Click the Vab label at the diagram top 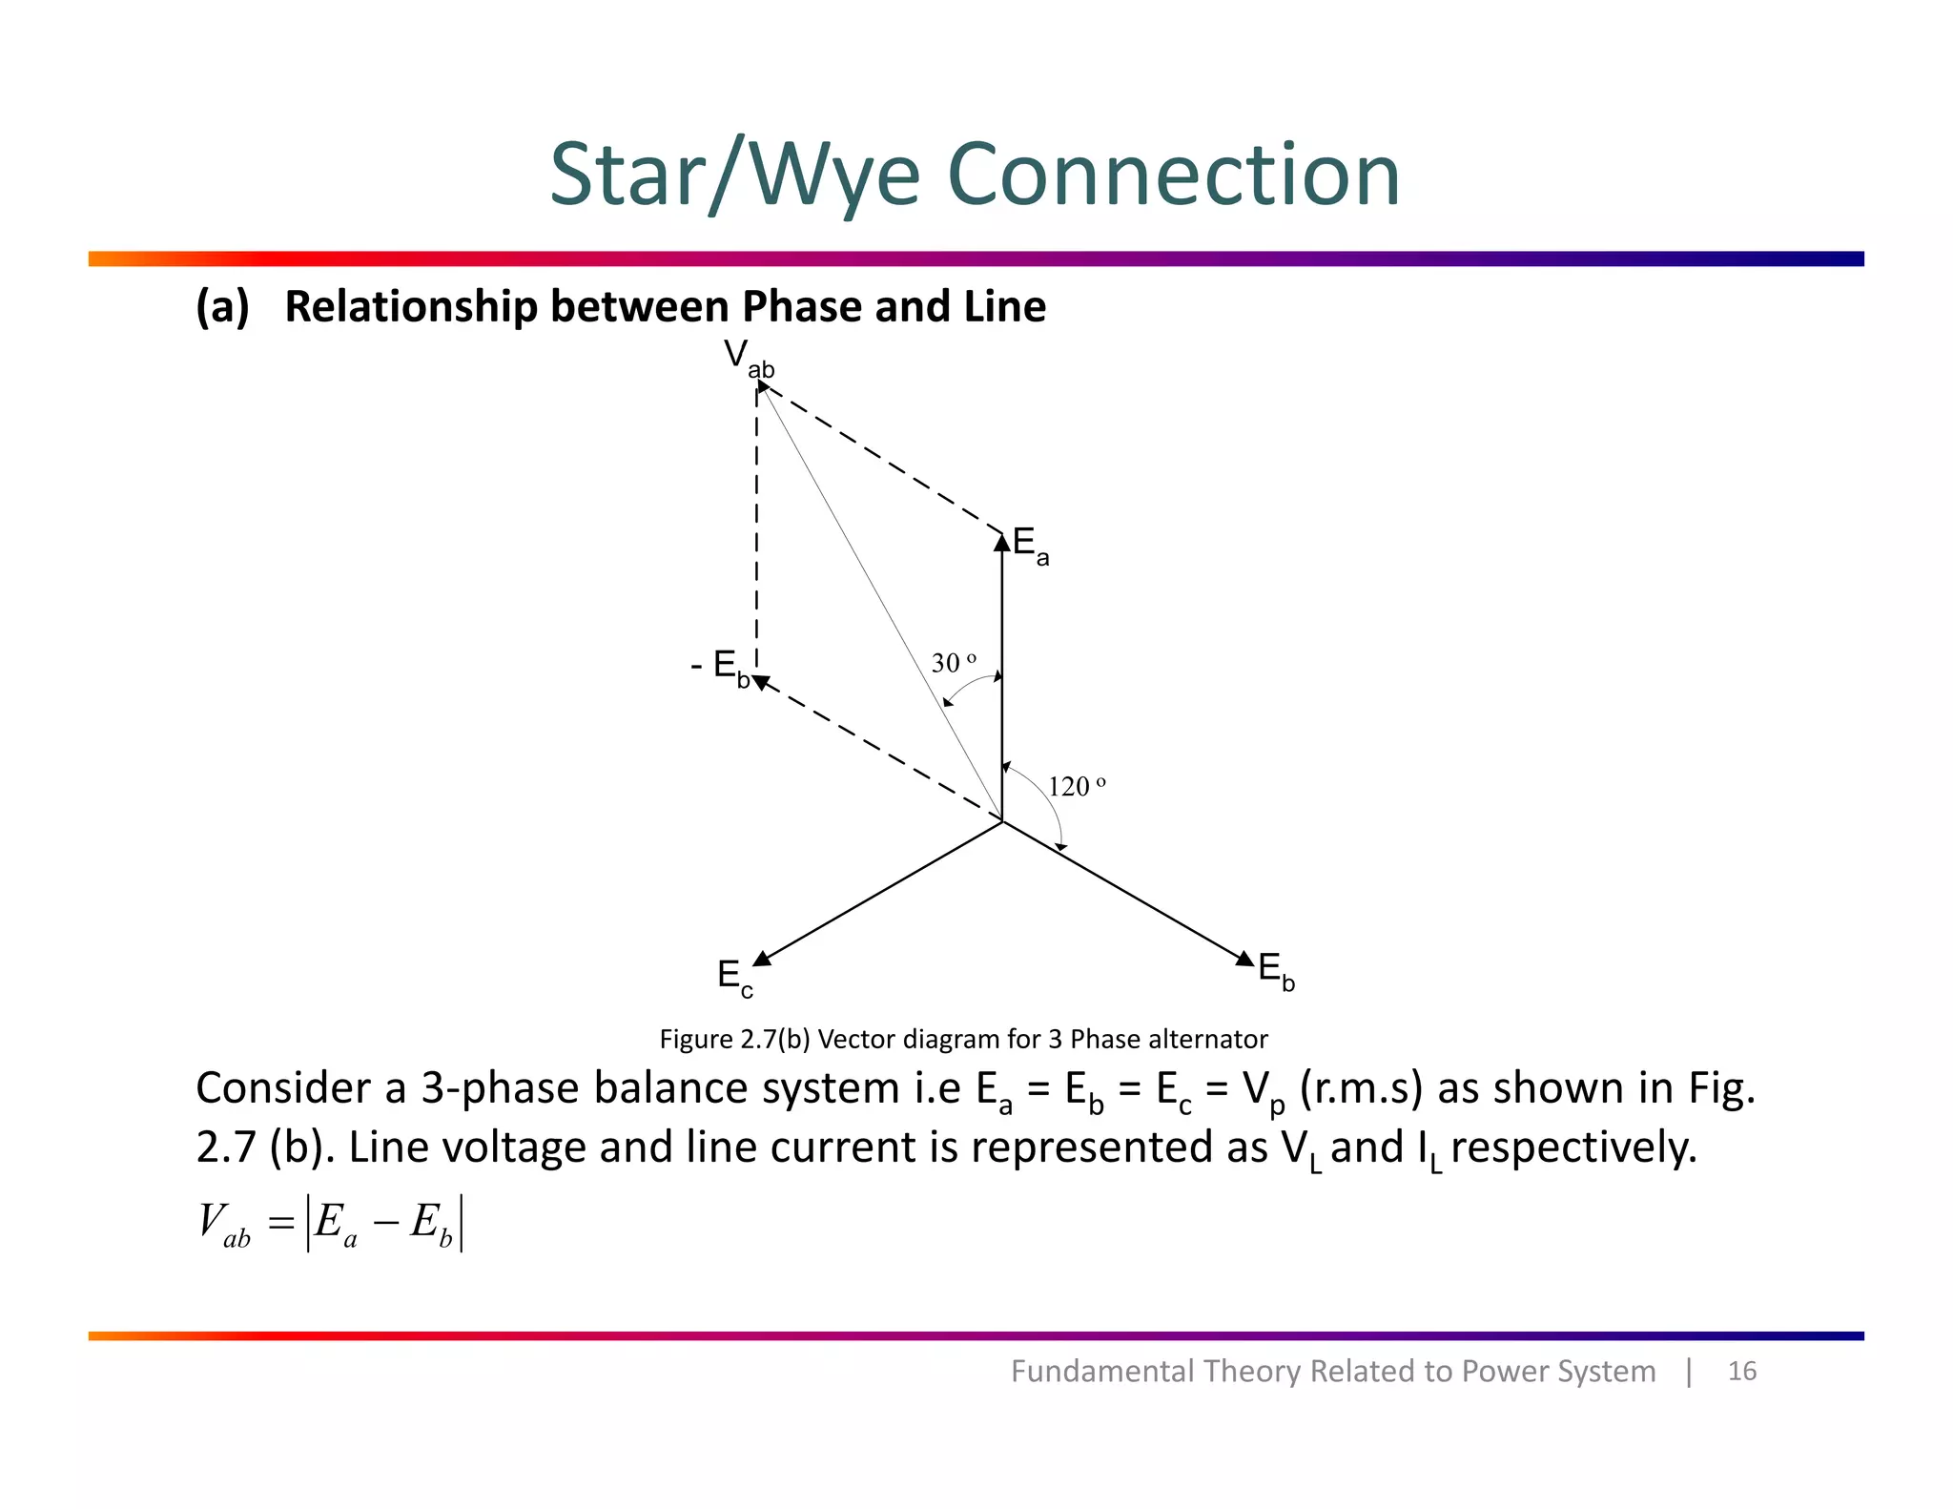tap(749, 359)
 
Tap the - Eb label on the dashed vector tap(720, 666)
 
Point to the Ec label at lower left tap(734, 979)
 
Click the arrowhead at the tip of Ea tap(1002, 542)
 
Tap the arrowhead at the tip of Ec tap(762, 958)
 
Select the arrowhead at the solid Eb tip tap(1245, 959)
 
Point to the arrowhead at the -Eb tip tap(761, 682)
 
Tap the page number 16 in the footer tap(1742, 1371)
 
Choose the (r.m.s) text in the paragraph tap(1361, 1088)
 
